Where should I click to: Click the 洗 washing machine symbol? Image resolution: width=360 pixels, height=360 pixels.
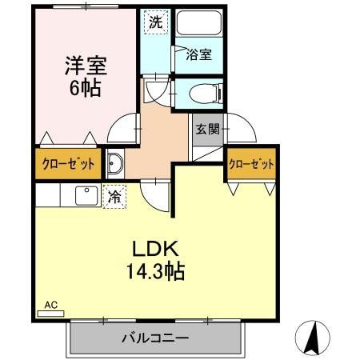coord(156,22)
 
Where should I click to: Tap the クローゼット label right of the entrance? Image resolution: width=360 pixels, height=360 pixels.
coord(251,163)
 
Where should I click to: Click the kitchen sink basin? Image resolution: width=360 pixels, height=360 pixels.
coord(84,194)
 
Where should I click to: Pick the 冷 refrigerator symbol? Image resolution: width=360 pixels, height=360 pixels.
coord(115,195)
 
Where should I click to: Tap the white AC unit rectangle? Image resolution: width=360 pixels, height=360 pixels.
coord(50,314)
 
